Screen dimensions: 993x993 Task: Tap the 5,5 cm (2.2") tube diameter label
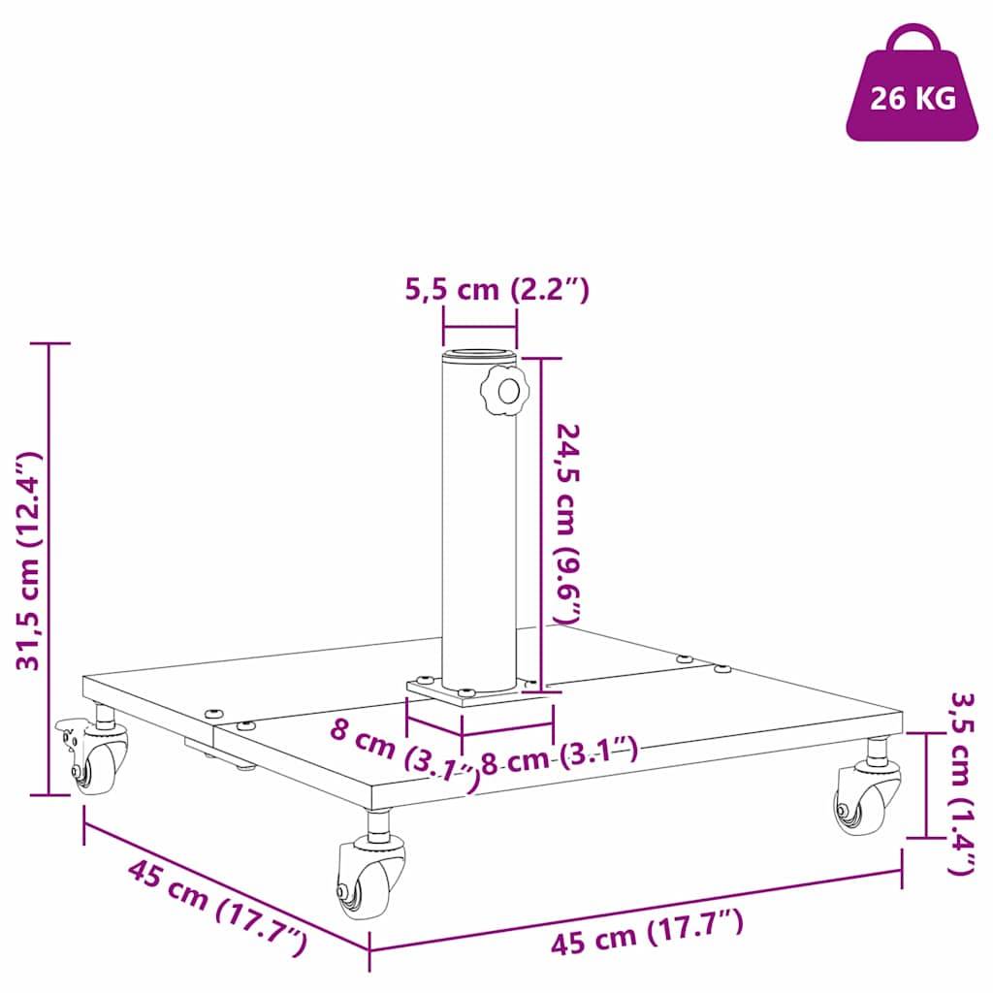pyautogui.click(x=496, y=289)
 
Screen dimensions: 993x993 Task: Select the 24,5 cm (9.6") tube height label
pyautogui.click(x=567, y=523)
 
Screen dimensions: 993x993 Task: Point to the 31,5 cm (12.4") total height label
pyautogui.click(x=28, y=561)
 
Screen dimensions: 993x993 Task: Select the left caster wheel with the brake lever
pyautogui.click(x=99, y=760)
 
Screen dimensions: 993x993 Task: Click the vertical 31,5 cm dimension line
pyautogui.click(x=49, y=568)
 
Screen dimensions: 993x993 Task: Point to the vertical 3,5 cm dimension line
pyautogui.click(x=925, y=785)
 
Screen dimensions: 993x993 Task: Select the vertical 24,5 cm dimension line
pyautogui.click(x=541, y=524)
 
